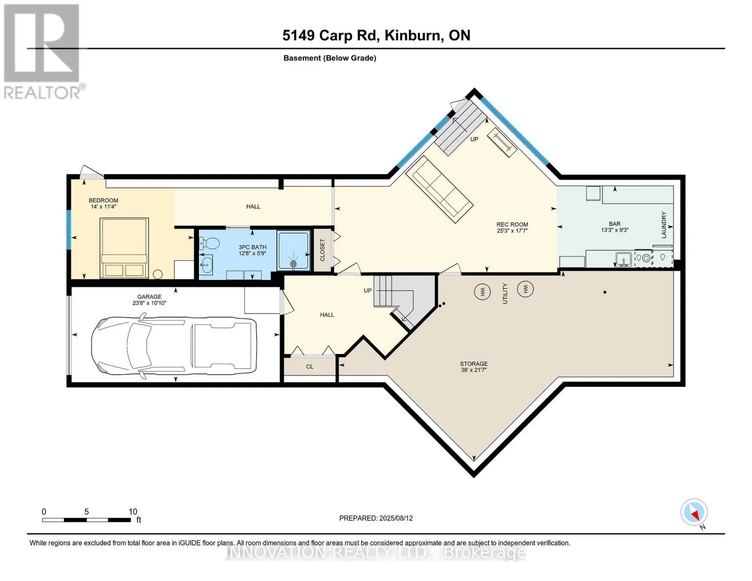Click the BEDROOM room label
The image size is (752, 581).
(x=104, y=200)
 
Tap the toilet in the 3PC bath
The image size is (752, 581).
(x=210, y=243)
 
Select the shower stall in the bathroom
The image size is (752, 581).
(x=293, y=250)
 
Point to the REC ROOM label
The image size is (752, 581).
(x=512, y=224)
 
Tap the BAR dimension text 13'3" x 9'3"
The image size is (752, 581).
(x=614, y=230)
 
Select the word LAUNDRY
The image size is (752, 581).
(x=664, y=225)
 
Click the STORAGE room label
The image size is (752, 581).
(x=474, y=364)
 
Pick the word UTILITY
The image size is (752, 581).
(x=505, y=293)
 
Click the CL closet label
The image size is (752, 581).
(x=309, y=367)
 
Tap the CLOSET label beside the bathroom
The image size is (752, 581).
(x=322, y=250)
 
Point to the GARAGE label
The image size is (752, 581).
(x=149, y=297)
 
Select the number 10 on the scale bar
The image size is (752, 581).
(x=133, y=511)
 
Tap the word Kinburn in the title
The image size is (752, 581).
(x=414, y=35)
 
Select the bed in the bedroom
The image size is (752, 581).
(x=124, y=248)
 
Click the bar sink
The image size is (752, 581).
(x=623, y=259)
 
